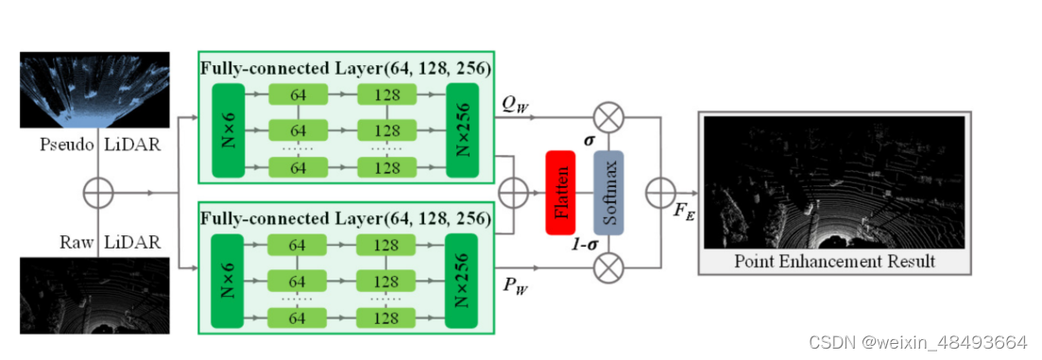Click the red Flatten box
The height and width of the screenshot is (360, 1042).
tap(561, 191)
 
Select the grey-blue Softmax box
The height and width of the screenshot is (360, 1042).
tap(609, 192)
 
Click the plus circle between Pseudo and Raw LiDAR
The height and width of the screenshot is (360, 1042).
tap(97, 193)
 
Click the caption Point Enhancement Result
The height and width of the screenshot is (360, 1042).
tap(834, 261)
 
